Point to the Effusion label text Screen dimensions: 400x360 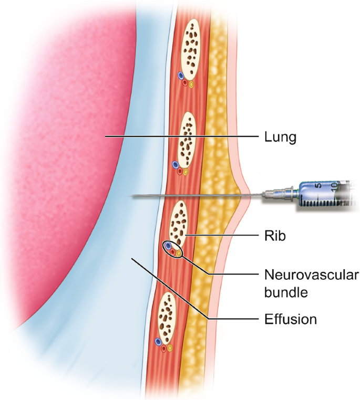click(291, 318)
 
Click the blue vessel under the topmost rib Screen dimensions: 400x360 click(181, 76)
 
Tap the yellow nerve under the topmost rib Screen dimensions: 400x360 click(191, 84)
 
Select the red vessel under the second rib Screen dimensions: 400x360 click(180, 171)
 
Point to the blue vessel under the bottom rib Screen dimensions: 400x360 click(158, 342)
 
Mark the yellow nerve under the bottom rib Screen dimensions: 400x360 click(170, 348)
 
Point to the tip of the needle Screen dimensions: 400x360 click(132, 196)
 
